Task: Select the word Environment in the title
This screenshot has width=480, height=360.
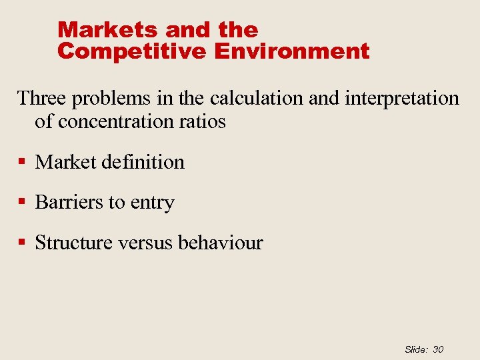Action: click(291, 51)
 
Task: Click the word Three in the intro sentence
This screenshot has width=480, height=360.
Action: click(41, 99)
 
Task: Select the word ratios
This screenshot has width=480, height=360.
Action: click(203, 122)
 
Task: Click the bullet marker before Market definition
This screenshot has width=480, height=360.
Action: click(23, 162)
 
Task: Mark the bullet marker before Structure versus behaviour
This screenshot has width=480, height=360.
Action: click(23, 243)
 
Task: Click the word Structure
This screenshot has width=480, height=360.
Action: click(73, 243)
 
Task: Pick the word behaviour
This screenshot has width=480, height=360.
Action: click(220, 243)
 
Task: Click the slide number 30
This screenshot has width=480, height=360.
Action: click(438, 349)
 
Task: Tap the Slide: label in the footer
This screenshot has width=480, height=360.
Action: click(415, 349)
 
